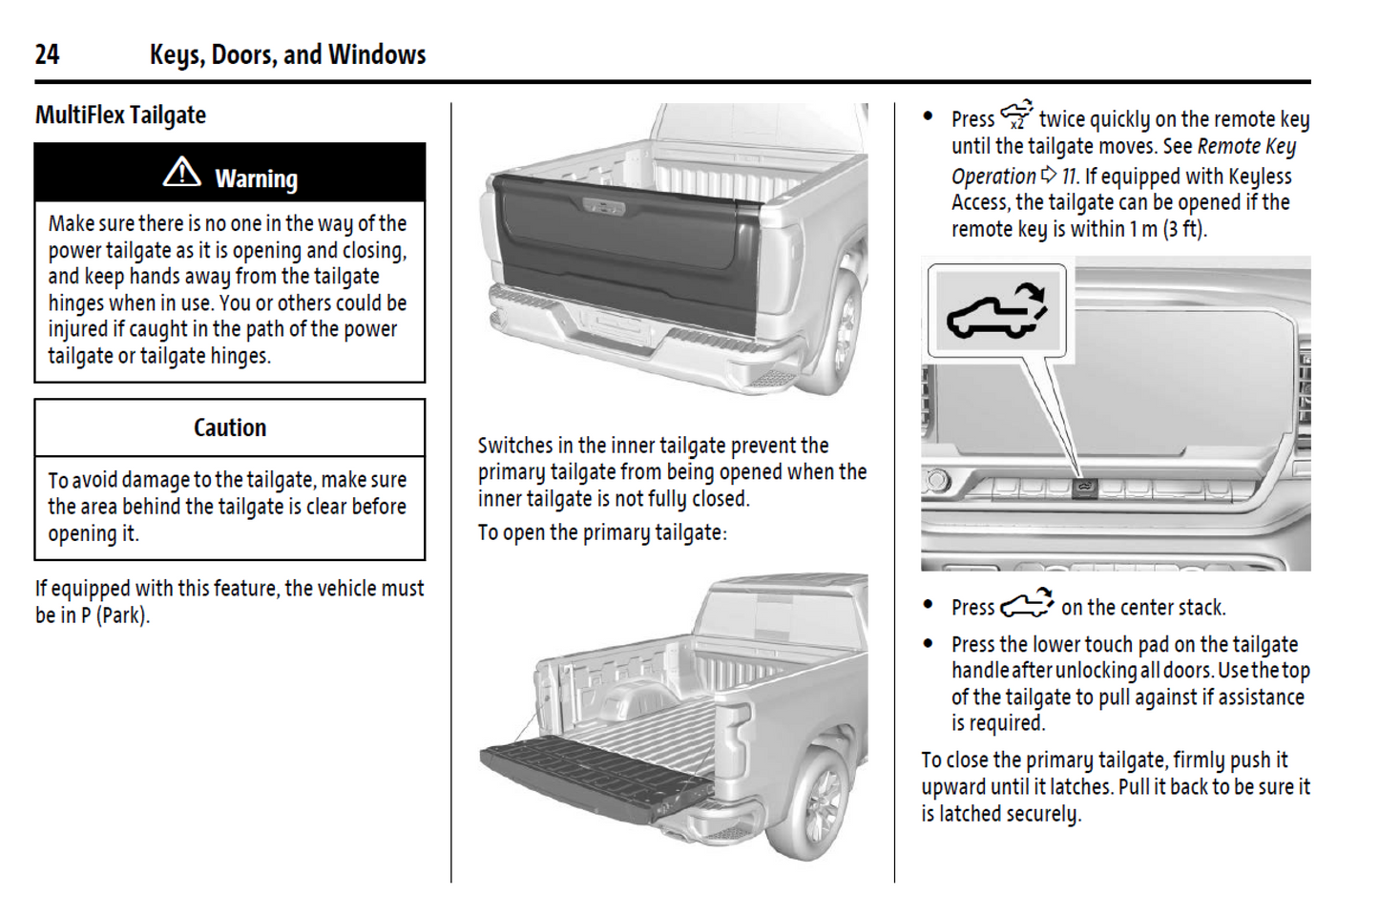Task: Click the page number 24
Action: tap(47, 54)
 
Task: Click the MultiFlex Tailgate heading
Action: tap(120, 115)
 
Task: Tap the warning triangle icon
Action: tap(181, 173)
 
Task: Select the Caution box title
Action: tap(230, 427)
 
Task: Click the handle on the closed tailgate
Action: tap(603, 206)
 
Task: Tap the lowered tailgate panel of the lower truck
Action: tap(596, 774)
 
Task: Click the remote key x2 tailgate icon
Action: tap(1016, 115)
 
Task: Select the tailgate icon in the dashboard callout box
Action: tap(996, 310)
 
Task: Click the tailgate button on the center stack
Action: tap(1084, 489)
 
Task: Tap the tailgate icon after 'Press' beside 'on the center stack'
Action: tap(1027, 605)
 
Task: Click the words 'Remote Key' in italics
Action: tap(1246, 147)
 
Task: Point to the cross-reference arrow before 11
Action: tap(1049, 175)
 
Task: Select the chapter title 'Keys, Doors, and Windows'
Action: tap(287, 54)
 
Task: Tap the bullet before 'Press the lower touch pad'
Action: tap(928, 644)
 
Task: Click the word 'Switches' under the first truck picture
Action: tap(515, 446)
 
